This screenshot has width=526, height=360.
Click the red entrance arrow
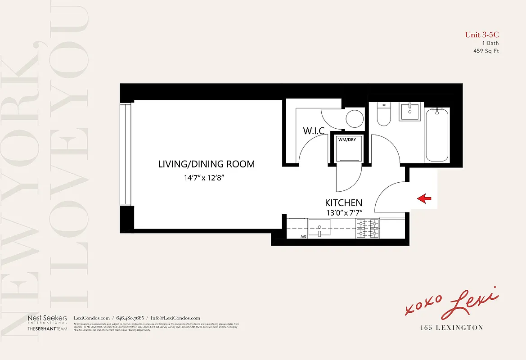[x=424, y=198]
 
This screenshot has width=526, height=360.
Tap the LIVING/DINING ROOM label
[x=206, y=164]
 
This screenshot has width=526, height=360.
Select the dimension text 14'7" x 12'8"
[x=204, y=178]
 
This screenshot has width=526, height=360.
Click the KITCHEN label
[x=343, y=203]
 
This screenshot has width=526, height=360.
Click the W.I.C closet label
[x=314, y=131]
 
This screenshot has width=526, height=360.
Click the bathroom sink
[x=409, y=111]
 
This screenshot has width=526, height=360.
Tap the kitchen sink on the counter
[x=319, y=228]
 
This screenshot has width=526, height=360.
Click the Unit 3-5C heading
[x=481, y=35]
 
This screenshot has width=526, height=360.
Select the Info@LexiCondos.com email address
[x=175, y=318]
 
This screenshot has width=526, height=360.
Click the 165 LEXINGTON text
[x=450, y=328]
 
